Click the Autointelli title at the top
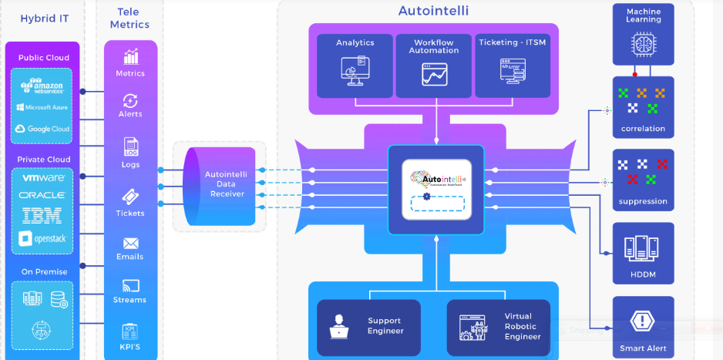click(x=433, y=11)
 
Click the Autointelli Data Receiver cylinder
click(x=224, y=185)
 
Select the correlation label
click(x=643, y=129)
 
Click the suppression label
click(x=643, y=201)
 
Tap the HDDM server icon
click(x=643, y=247)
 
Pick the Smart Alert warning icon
click(x=643, y=321)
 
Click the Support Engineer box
click(x=368, y=326)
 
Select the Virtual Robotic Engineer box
click(x=499, y=326)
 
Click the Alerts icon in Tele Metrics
click(x=130, y=100)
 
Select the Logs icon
click(x=130, y=146)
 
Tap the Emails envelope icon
click(x=130, y=243)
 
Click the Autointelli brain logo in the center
click(x=436, y=179)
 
